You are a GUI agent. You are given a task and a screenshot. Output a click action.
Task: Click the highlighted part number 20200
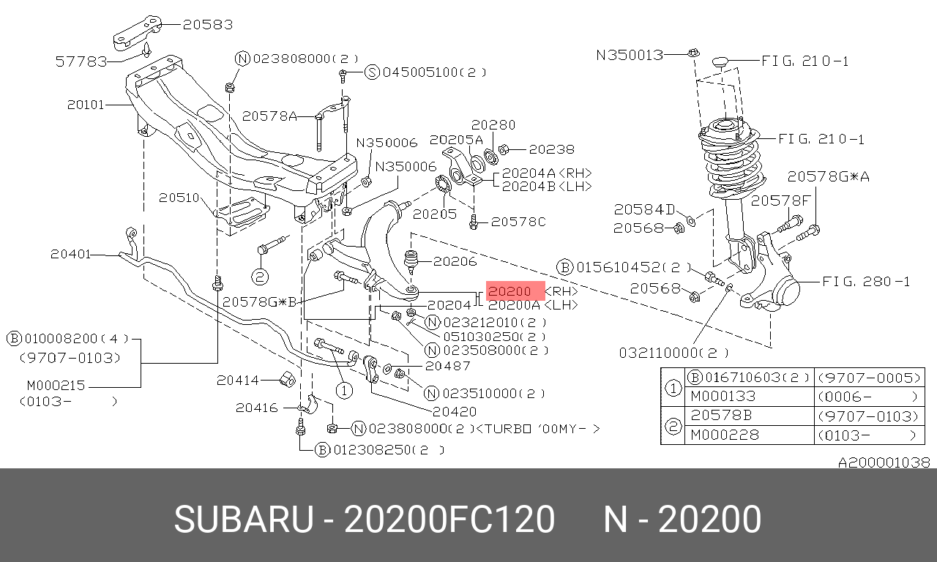tap(509, 291)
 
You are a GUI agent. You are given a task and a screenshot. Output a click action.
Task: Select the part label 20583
tap(208, 25)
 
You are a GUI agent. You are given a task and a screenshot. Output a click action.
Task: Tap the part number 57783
tap(81, 62)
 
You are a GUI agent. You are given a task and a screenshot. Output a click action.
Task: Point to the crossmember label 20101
tap(86, 105)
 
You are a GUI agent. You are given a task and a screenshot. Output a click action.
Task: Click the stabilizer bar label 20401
tap(71, 254)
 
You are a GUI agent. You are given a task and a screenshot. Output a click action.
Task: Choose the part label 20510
tap(179, 198)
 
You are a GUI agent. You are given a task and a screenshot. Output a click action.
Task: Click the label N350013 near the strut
tap(630, 55)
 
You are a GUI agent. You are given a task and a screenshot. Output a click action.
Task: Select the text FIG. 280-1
tap(866, 282)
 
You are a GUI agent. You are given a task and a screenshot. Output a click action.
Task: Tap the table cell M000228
tap(725, 435)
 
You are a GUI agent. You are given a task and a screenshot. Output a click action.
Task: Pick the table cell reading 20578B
tap(721, 415)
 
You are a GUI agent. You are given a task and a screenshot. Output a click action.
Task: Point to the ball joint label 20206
tap(455, 261)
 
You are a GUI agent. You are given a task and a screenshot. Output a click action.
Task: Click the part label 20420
tap(455, 412)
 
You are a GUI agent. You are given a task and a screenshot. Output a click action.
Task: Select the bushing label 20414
tap(238, 380)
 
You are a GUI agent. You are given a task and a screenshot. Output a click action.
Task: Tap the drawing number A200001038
tap(884, 462)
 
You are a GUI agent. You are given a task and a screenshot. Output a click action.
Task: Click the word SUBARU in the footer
tap(244, 519)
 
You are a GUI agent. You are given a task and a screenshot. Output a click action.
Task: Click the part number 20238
tap(552, 149)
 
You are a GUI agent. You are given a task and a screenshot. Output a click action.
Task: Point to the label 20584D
tap(645, 209)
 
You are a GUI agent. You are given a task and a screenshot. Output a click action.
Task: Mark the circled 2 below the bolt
tap(260, 277)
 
